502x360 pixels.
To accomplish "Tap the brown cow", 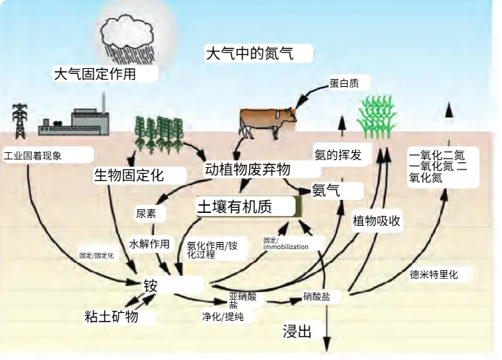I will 268,120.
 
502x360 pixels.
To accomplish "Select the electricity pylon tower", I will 20,120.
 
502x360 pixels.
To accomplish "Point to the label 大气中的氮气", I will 259,54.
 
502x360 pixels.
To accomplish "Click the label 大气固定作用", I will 95,74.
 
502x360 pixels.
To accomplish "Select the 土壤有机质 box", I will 235,207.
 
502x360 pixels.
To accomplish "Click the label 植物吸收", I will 377,221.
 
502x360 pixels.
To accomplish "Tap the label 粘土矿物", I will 111,317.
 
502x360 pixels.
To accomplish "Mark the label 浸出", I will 297,332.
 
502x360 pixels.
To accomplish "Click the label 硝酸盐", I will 317,297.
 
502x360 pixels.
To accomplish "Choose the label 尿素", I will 146,214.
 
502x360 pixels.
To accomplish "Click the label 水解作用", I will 148,243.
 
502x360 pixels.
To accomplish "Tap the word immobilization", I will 286,247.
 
